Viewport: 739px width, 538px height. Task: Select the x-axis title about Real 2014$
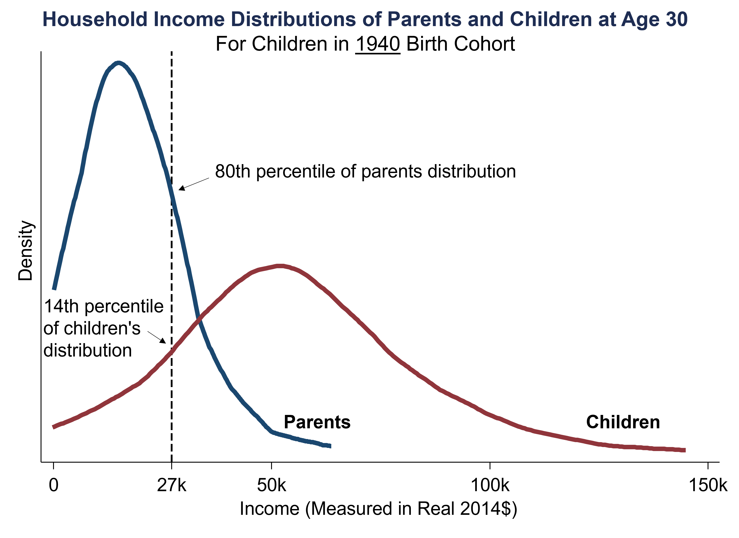[378, 508]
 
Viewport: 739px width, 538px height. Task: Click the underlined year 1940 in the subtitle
[378, 44]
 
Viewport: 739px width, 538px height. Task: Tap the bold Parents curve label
[317, 422]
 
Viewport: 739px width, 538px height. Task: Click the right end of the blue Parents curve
[330, 446]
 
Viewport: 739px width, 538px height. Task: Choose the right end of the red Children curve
[685, 450]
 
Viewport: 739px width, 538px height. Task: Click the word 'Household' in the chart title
[95, 19]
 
